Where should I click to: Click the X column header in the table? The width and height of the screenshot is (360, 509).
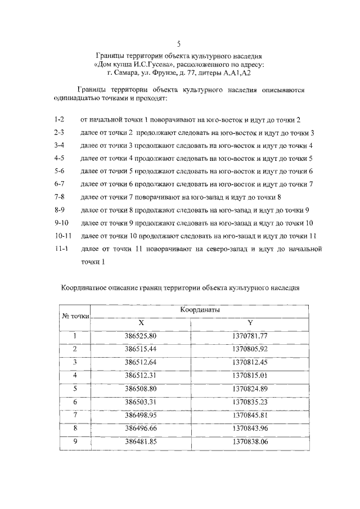tap(141, 323)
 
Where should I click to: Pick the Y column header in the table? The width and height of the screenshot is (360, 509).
tap(250, 323)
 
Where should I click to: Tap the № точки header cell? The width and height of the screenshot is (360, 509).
tap(75, 316)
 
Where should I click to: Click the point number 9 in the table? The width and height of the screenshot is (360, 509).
tap(75, 442)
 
